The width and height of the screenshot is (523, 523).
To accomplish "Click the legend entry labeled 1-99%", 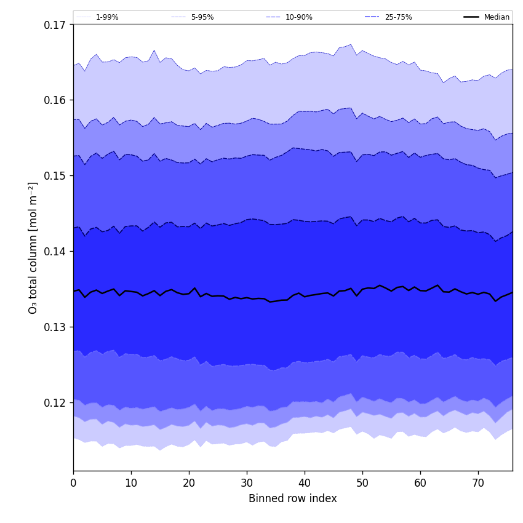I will point(107,17).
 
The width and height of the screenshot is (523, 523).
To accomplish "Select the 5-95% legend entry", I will point(202,17).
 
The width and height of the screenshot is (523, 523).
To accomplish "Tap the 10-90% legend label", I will point(298,17).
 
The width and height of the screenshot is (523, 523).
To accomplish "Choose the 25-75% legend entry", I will point(398,17).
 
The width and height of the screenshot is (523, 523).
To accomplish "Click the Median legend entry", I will point(497,17).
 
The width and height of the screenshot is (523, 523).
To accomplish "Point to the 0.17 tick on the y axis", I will point(55,25).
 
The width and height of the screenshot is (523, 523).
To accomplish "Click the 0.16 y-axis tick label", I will point(55,100).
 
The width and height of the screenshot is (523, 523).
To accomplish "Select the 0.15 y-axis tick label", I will point(55,176).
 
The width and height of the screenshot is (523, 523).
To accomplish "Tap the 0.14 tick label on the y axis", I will point(55,252).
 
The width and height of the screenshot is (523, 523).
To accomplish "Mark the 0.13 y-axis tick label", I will point(55,327).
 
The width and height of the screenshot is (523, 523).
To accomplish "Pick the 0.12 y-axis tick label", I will point(55,403).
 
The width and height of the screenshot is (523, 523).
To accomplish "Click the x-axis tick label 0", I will point(73,483).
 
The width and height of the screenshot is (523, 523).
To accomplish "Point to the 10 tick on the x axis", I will point(131,483).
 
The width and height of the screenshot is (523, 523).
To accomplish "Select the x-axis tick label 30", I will point(247,483).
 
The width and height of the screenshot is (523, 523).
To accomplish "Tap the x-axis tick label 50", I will point(362,483).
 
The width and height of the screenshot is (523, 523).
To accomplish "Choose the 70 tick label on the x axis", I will point(478,483).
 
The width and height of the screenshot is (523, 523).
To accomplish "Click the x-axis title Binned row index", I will point(293,498).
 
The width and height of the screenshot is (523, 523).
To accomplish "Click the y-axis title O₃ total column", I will point(33,247).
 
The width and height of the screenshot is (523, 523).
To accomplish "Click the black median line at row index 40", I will point(305,297).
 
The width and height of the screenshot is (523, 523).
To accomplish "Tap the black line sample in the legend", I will point(471,17).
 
